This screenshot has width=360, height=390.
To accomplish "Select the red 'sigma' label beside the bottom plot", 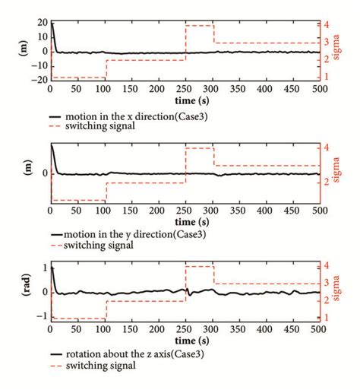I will click(x=346, y=292).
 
